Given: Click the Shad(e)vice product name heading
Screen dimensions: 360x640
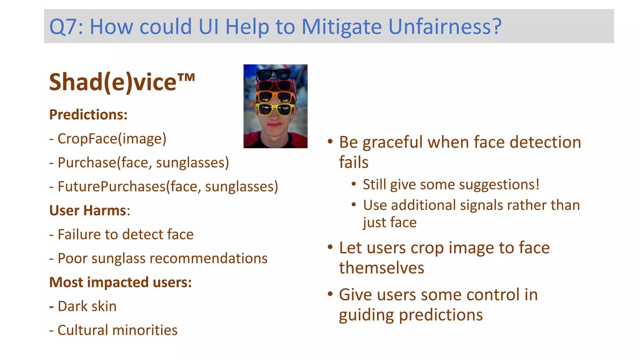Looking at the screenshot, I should tap(122, 82).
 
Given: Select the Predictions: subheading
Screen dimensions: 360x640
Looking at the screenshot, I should tap(88, 115).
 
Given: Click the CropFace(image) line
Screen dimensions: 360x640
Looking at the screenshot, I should tap(112, 139).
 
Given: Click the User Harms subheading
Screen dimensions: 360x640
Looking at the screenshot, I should tap(89, 211).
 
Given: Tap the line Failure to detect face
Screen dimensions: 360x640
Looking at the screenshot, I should tap(125, 234).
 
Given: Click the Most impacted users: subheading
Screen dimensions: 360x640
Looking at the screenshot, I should tap(120, 282).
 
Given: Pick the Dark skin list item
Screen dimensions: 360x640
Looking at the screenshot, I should tap(87, 306).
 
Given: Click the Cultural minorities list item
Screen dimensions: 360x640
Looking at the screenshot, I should tap(117, 330).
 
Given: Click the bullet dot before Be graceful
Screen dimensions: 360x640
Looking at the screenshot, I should tap(330, 142).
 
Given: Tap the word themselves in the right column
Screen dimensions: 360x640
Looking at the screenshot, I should tap(382, 268).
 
